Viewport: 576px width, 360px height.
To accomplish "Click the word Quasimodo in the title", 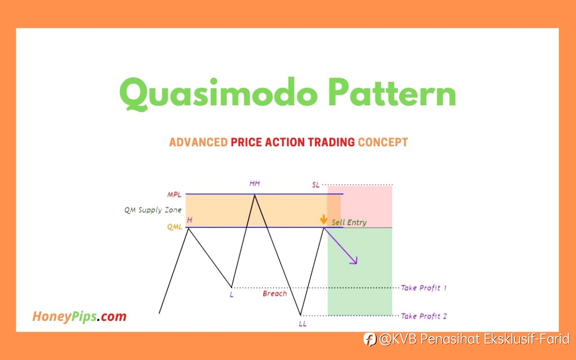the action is pyautogui.click(x=219, y=94).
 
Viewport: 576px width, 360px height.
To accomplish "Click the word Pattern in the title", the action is pyautogui.click(x=392, y=93).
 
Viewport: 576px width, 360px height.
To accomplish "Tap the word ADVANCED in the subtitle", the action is pyautogui.click(x=198, y=142).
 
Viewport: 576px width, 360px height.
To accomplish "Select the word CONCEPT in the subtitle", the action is pyautogui.click(x=383, y=142).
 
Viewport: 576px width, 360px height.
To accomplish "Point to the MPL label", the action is pyautogui.click(x=174, y=195).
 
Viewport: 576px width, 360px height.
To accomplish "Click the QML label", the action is pyautogui.click(x=175, y=227).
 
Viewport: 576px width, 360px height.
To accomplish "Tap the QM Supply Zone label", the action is pyautogui.click(x=153, y=210).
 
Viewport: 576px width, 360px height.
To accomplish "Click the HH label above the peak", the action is pyautogui.click(x=255, y=183).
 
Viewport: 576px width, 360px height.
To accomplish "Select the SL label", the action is pyautogui.click(x=316, y=184).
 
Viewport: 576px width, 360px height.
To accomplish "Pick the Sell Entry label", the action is pyautogui.click(x=349, y=222).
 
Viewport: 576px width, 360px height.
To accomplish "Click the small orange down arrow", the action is pyautogui.click(x=324, y=219).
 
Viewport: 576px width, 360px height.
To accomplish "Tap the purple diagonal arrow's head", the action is pyautogui.click(x=355, y=261).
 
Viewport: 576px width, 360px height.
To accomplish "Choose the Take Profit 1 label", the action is pyautogui.click(x=424, y=288).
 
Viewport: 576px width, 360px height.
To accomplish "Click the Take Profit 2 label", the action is pyautogui.click(x=424, y=316).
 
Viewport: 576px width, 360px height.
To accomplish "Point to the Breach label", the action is pyautogui.click(x=274, y=293).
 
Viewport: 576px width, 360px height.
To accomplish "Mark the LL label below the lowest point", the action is pyautogui.click(x=303, y=324).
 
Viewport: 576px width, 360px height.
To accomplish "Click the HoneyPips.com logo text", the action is pyautogui.click(x=80, y=316).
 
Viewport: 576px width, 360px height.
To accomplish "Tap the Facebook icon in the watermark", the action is pyautogui.click(x=370, y=339).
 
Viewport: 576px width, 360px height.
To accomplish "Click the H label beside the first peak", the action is pyautogui.click(x=189, y=220).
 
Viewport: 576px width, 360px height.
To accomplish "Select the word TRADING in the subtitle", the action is pyautogui.click(x=332, y=142).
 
